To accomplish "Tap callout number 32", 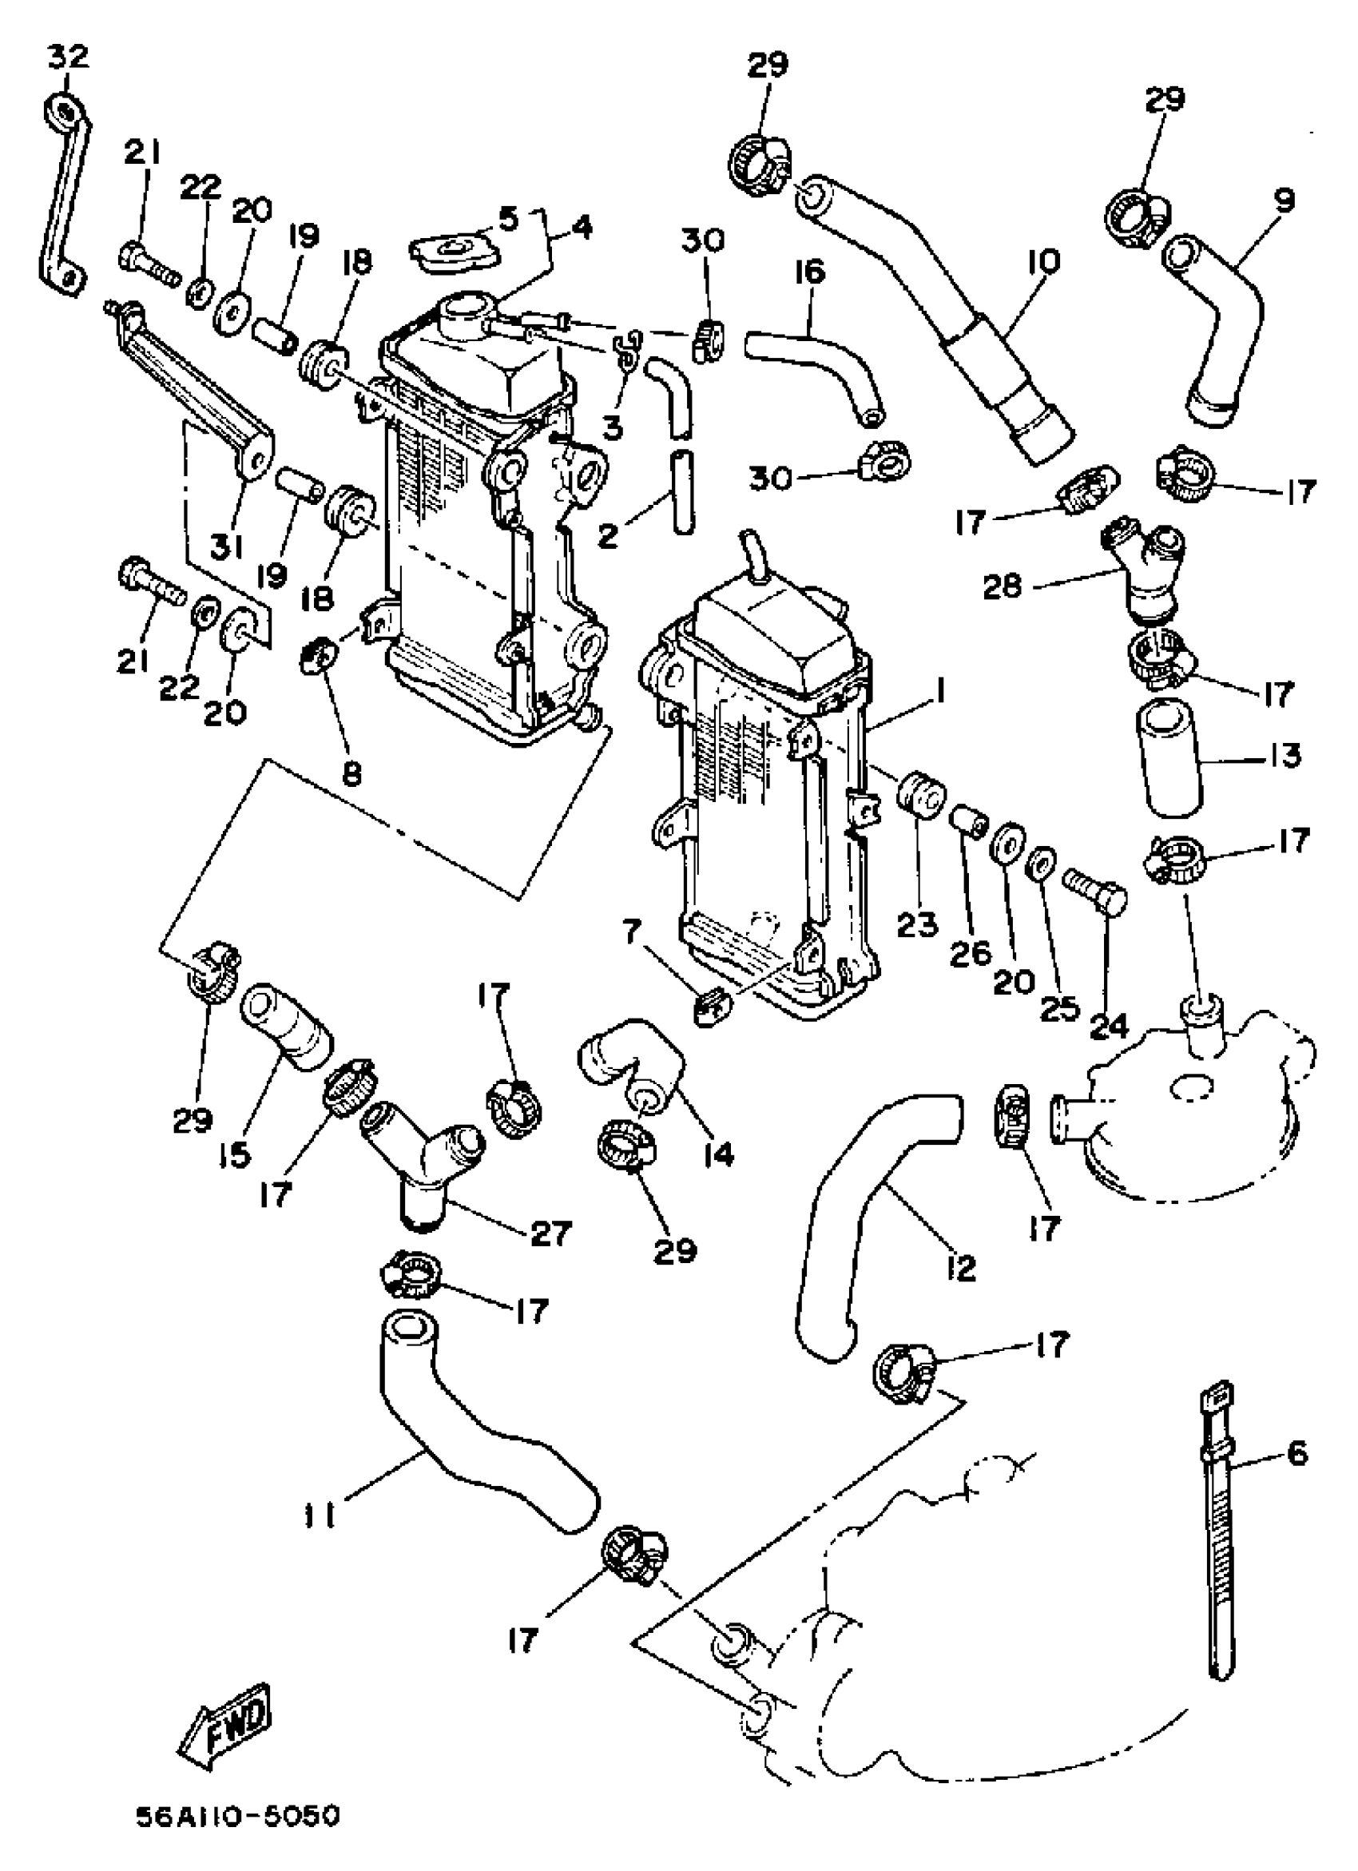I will tap(67, 58).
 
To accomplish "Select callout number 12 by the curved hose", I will tap(961, 1266).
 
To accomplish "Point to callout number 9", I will tap(1282, 200).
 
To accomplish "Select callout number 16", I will tap(811, 272).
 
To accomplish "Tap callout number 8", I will tap(352, 773).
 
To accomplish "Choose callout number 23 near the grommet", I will tap(916, 925).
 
